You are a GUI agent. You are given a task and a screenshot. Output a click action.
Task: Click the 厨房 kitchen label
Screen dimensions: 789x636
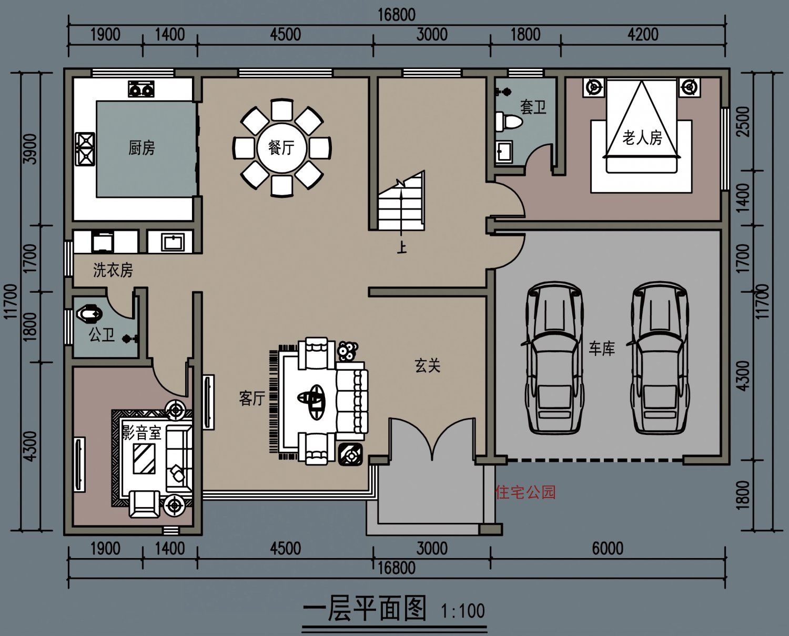click(141, 148)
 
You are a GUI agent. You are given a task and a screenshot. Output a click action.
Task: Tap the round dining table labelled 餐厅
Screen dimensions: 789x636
click(281, 148)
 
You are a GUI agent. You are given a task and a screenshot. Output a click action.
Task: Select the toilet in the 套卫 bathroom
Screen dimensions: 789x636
click(508, 121)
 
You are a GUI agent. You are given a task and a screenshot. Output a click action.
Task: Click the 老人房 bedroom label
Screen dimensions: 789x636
click(642, 137)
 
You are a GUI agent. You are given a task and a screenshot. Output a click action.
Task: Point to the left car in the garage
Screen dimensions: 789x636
click(554, 358)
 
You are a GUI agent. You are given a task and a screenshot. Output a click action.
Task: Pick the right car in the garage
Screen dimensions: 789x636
click(659, 358)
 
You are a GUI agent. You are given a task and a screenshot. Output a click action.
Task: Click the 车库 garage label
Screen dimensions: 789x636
click(602, 349)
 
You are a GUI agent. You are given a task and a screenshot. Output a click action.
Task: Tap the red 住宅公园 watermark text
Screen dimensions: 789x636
click(525, 492)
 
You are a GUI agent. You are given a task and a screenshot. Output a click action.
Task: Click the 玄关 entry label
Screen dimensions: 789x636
click(428, 365)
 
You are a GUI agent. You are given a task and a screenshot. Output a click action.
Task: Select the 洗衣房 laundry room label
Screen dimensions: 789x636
click(113, 270)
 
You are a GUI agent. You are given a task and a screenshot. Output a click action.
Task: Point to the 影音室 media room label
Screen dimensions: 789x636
click(141, 433)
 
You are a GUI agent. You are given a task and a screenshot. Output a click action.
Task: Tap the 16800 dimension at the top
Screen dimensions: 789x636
click(397, 15)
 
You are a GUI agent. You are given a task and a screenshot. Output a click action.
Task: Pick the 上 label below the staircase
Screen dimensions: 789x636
click(402, 248)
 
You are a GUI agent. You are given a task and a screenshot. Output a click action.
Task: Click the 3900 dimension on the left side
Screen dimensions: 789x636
click(31, 148)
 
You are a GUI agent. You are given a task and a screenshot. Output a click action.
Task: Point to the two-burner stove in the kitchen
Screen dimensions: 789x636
click(141, 89)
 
